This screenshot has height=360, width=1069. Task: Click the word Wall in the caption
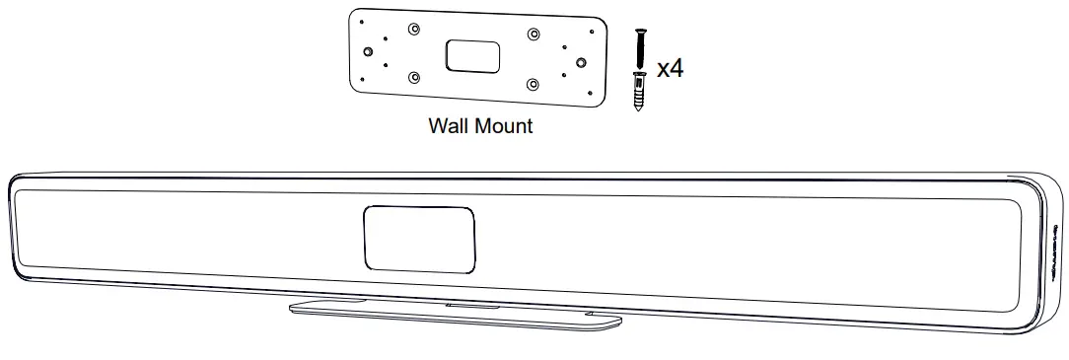point(448,126)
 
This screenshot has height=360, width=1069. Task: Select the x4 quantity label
point(671,69)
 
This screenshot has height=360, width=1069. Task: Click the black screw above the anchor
point(638,49)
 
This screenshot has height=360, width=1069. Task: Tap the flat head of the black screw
point(638,32)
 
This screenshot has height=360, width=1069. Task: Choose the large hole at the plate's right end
point(581,62)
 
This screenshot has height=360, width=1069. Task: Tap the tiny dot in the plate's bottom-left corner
point(364,79)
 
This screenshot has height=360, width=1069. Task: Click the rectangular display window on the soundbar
point(419,238)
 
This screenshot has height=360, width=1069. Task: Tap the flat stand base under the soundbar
point(455,314)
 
